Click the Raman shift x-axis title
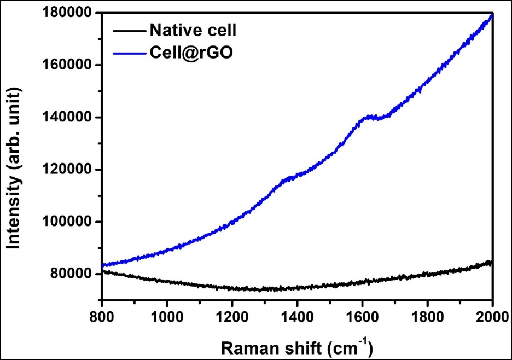click(297, 346)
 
